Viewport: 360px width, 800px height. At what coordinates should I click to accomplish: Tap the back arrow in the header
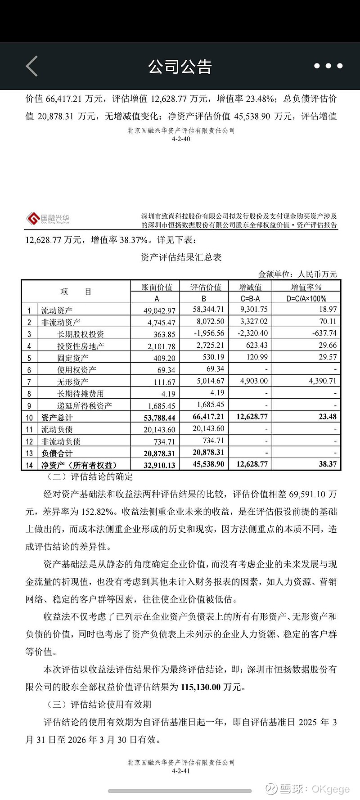click(31, 66)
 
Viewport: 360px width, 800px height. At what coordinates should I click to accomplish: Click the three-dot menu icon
click(328, 66)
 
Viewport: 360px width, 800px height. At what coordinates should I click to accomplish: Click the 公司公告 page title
click(180, 67)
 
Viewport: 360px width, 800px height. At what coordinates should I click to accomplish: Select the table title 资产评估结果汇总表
click(181, 257)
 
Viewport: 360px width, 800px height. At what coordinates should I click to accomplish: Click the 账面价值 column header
click(157, 287)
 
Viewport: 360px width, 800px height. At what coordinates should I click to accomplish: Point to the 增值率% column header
click(306, 287)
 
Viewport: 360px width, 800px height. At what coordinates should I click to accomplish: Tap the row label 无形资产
click(72, 382)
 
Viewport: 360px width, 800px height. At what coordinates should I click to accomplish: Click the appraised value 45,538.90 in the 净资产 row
click(208, 464)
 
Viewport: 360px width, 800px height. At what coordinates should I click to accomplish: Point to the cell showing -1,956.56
click(208, 333)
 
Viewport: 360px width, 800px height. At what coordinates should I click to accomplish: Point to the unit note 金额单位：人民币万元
click(297, 274)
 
